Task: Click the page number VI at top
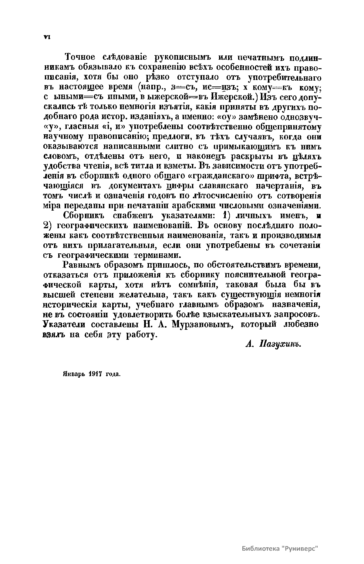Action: (47, 37)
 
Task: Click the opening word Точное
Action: (80, 57)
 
